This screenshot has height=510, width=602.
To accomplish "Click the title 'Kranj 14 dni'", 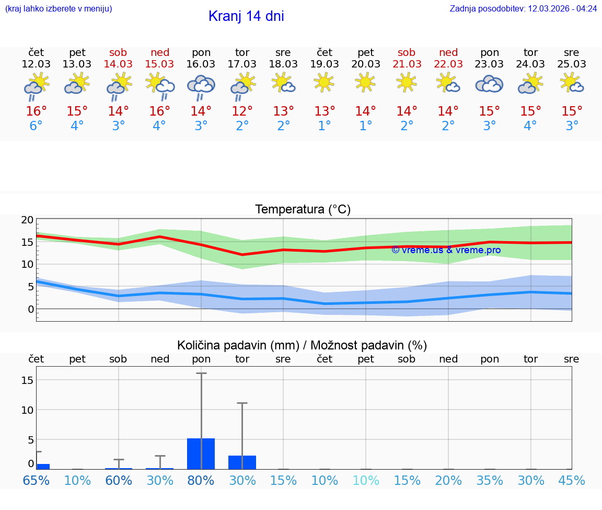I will coord(246,16).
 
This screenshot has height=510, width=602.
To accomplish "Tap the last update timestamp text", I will coord(523,9).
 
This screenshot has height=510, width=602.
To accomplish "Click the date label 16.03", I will coord(201,64).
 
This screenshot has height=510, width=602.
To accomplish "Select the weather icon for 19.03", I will coord(324,82).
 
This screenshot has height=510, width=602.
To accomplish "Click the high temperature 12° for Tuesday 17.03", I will coord(242,111).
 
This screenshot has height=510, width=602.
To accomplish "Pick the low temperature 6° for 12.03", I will coord(36,126).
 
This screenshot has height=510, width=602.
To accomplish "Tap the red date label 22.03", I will coord(448,64).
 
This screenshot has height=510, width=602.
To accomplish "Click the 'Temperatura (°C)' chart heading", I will coord(303,210).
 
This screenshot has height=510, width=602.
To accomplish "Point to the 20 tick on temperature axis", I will coord(28,220).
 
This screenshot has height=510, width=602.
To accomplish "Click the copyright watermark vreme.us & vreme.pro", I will coord(446,250).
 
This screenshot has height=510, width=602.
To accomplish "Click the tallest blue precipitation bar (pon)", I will coord(201,454).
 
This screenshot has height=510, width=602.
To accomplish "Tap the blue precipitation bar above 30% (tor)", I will coord(242,462).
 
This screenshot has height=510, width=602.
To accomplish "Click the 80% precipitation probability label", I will coord(201,481).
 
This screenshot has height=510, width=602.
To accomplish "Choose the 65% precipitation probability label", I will coord(36,481).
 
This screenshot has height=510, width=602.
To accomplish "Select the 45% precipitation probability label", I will coord(572,481).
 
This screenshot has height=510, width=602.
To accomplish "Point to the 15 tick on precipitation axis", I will coord(27,380).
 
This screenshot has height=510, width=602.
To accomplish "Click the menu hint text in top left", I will coord(59,9).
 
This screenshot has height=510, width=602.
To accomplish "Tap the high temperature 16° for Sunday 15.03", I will coord(159,111).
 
